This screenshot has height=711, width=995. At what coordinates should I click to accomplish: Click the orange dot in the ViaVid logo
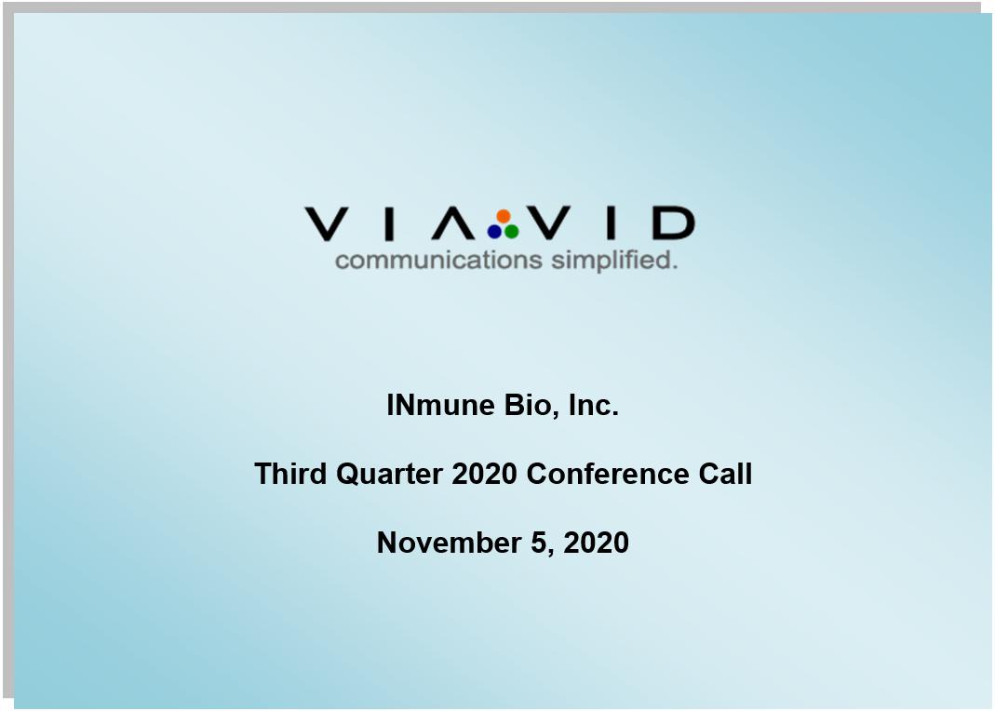click(x=504, y=217)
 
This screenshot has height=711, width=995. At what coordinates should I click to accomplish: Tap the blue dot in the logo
click(x=494, y=232)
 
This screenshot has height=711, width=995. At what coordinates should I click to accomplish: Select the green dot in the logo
click(x=511, y=232)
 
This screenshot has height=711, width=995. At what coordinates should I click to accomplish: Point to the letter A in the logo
click(x=453, y=224)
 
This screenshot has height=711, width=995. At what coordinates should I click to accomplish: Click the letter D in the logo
click(x=673, y=223)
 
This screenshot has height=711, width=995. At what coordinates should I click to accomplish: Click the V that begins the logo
click(x=326, y=224)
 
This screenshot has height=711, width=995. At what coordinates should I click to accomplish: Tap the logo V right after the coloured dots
click(x=549, y=223)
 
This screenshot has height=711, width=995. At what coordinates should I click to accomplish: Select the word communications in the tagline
click(x=438, y=260)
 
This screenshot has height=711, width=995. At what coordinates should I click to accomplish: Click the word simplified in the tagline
click(x=614, y=260)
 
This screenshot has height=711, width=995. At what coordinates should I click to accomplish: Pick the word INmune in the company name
click(x=440, y=406)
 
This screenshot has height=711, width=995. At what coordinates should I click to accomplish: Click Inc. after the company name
click(x=593, y=406)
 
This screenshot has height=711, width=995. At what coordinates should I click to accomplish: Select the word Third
click(x=290, y=474)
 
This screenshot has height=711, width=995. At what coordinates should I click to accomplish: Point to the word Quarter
click(x=389, y=475)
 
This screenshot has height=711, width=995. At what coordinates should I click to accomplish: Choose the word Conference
click(x=607, y=474)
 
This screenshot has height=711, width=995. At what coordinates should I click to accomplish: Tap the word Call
click(x=725, y=474)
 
